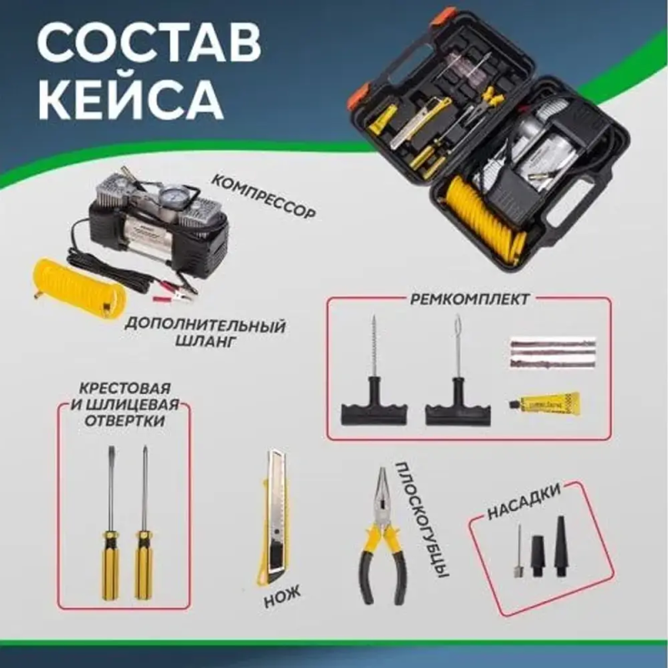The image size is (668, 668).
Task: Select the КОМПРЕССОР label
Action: (264, 197)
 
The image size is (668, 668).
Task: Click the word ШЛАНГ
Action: (205, 341)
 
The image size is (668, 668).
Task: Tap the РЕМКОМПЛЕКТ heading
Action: (469, 299)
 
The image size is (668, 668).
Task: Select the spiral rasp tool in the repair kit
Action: (373, 370)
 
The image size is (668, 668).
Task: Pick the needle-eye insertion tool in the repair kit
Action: (458, 370)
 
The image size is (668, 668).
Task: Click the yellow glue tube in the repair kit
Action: (544, 402)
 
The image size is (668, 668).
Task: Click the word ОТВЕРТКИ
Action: (124, 421)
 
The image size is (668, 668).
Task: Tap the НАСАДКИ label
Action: (524, 502)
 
